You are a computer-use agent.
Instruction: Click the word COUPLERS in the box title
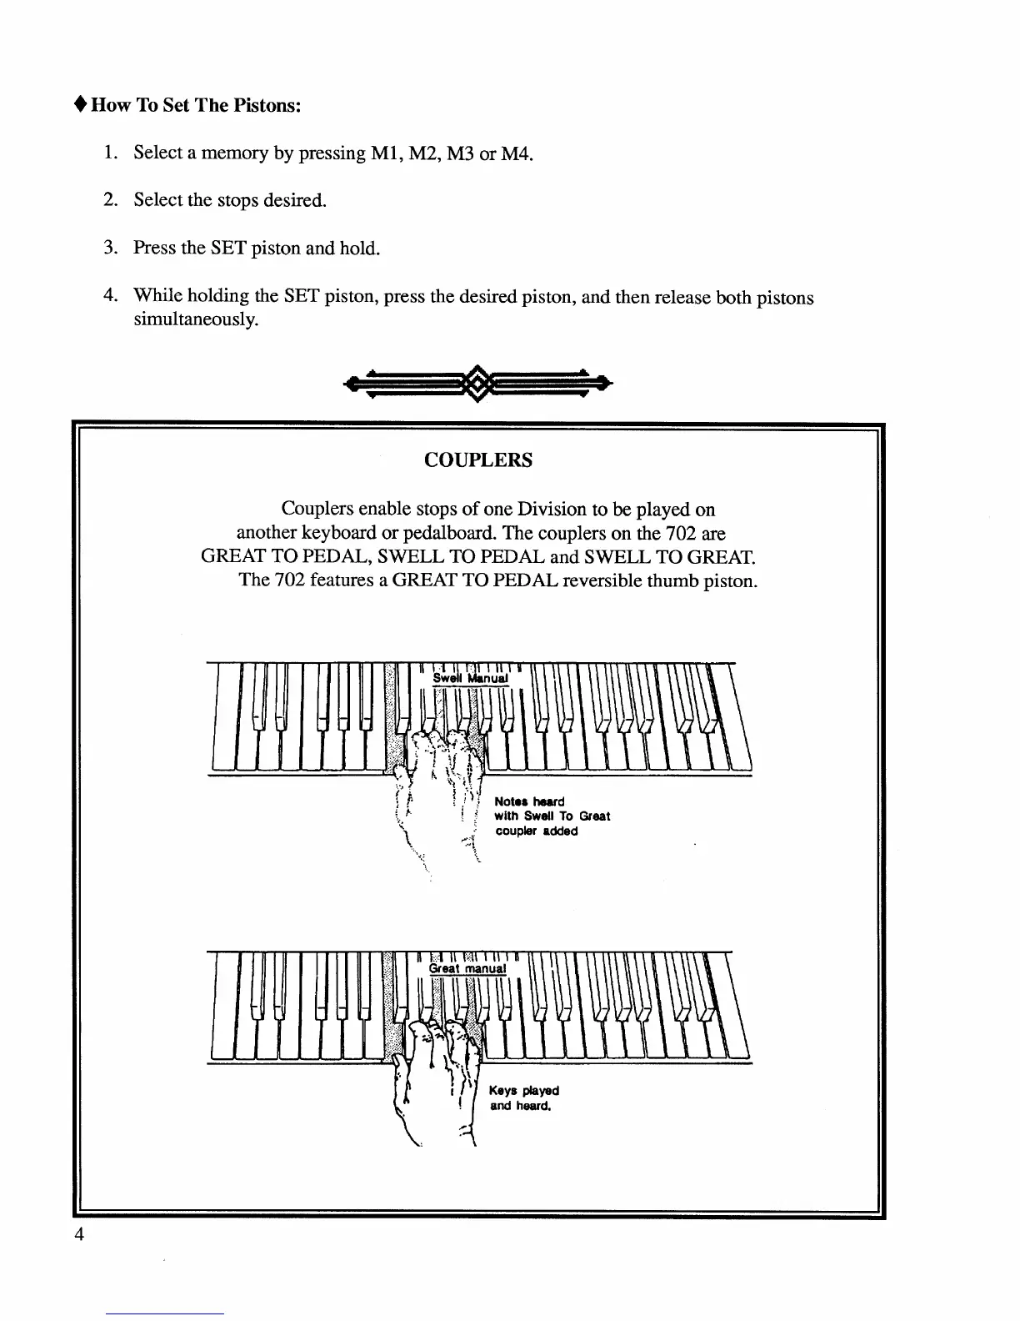pyautogui.click(x=478, y=460)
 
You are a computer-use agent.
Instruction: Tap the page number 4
pyautogui.click(x=79, y=1235)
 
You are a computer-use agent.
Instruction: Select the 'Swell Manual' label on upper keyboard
pyautogui.click(x=470, y=679)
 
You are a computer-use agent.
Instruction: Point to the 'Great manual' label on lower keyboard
pyautogui.click(x=467, y=968)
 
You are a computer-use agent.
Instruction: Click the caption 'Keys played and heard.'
pyautogui.click(x=523, y=1098)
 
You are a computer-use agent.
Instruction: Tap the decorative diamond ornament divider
pyautogui.click(x=478, y=384)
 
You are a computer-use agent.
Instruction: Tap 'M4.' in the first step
pyautogui.click(x=516, y=153)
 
